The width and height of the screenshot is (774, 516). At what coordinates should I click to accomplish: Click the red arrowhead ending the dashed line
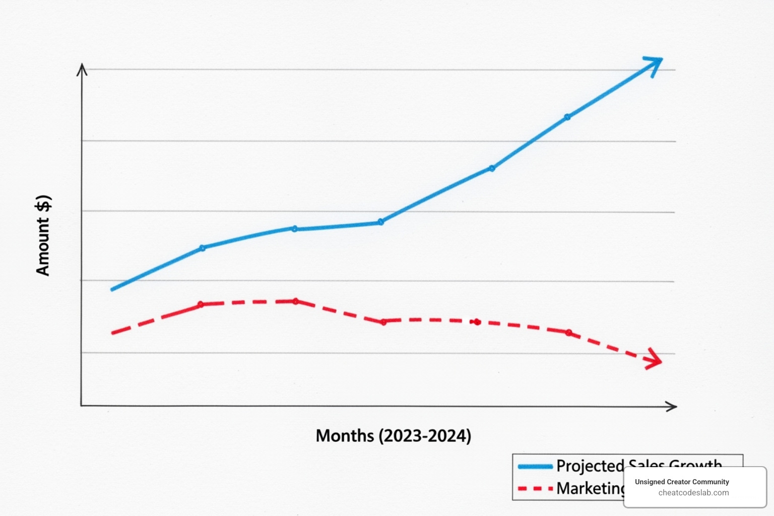tap(655, 359)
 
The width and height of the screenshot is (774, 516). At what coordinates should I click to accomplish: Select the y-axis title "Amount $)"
tap(43, 235)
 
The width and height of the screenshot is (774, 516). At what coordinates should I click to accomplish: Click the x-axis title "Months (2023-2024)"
tap(393, 435)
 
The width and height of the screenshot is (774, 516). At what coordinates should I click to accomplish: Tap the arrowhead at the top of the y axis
tap(82, 70)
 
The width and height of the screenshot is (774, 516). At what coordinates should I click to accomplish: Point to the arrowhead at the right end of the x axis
tap(672, 406)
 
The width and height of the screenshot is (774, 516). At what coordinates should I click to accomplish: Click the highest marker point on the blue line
tap(567, 117)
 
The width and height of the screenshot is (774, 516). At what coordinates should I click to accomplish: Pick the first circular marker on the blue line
tap(202, 248)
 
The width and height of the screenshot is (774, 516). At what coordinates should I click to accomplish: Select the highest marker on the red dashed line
tap(295, 301)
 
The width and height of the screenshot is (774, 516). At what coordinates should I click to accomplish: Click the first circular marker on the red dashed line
tap(201, 304)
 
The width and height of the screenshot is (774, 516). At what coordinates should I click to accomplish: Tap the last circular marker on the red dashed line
tap(569, 333)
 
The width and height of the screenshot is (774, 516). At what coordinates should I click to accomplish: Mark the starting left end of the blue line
tap(112, 289)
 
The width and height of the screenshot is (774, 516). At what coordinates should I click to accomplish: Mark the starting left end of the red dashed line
tap(113, 333)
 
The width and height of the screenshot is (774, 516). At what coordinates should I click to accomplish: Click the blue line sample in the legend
tap(535, 467)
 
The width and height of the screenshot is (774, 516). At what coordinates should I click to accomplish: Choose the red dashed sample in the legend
tap(535, 489)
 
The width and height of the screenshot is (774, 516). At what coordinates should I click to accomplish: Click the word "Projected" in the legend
tap(590, 466)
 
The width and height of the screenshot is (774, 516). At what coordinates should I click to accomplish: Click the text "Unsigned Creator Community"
tap(682, 482)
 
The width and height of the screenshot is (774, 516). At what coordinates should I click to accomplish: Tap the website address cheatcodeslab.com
tap(693, 493)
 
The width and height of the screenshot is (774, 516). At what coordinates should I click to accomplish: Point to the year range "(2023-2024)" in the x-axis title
tap(425, 435)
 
